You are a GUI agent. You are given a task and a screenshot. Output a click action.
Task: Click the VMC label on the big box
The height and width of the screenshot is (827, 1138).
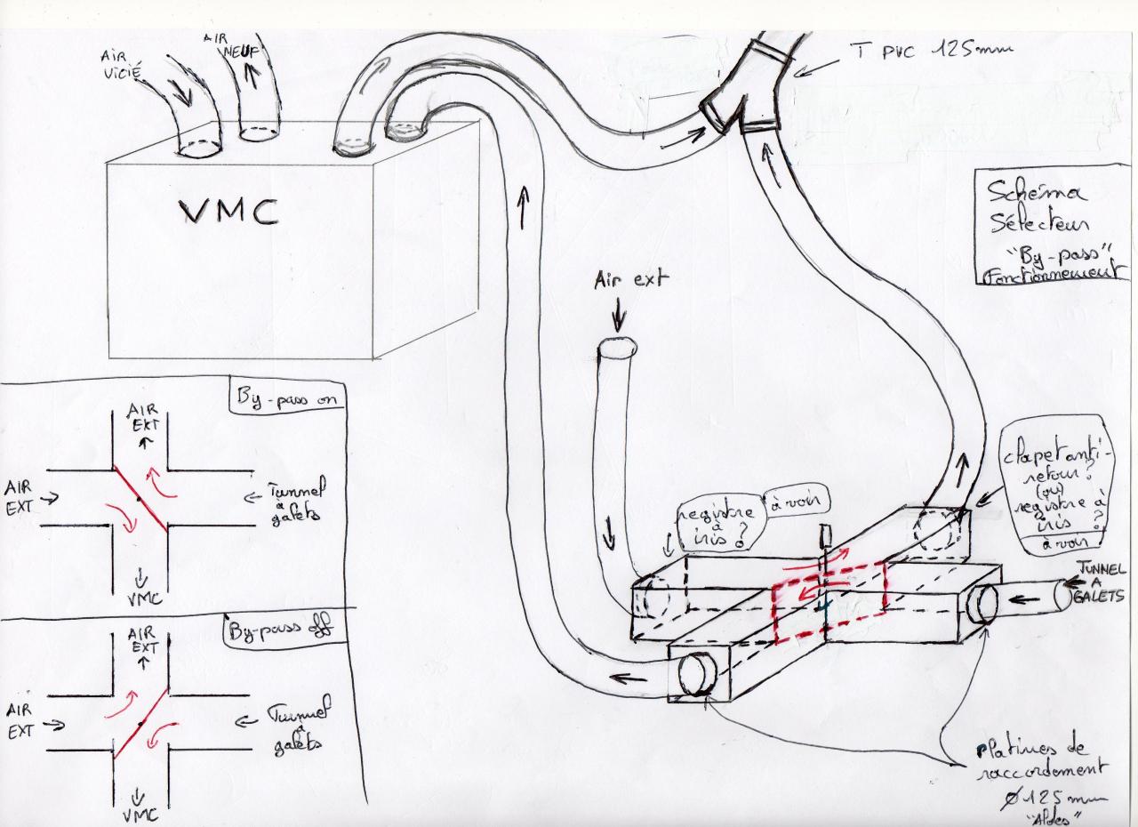(x=229, y=212)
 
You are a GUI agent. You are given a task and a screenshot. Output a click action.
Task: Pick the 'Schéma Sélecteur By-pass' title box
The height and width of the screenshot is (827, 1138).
(x=1049, y=226)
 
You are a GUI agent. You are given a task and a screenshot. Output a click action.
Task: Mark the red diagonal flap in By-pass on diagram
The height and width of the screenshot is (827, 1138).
(x=140, y=499)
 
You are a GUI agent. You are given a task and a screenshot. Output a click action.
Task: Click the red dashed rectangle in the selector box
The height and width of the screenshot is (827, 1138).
(x=829, y=601)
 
